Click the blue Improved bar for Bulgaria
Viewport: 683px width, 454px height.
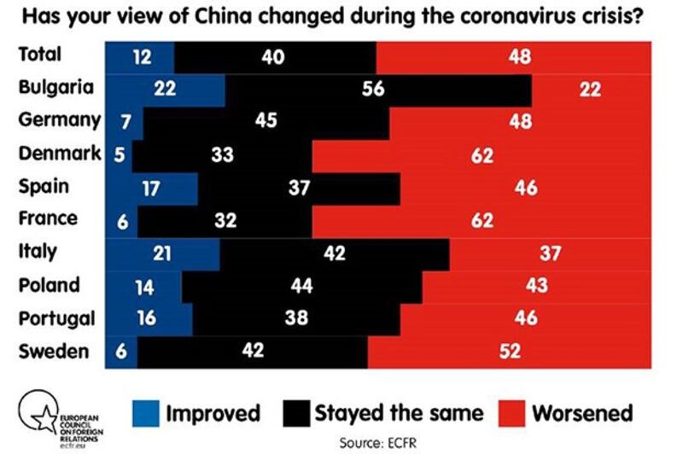pos(165,89)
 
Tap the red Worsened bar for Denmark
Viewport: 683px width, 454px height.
pos(482,154)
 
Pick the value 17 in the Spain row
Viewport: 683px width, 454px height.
pos(150,188)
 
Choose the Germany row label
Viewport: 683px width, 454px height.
pos(59,120)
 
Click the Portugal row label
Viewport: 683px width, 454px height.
pos(56,317)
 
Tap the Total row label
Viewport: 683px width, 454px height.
pos(40,55)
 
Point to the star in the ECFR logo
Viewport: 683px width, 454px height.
pos(39,414)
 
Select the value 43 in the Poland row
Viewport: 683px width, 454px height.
pos(536,285)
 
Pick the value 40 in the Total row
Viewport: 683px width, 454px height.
pos(274,56)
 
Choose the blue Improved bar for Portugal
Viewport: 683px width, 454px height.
pos(149,317)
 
